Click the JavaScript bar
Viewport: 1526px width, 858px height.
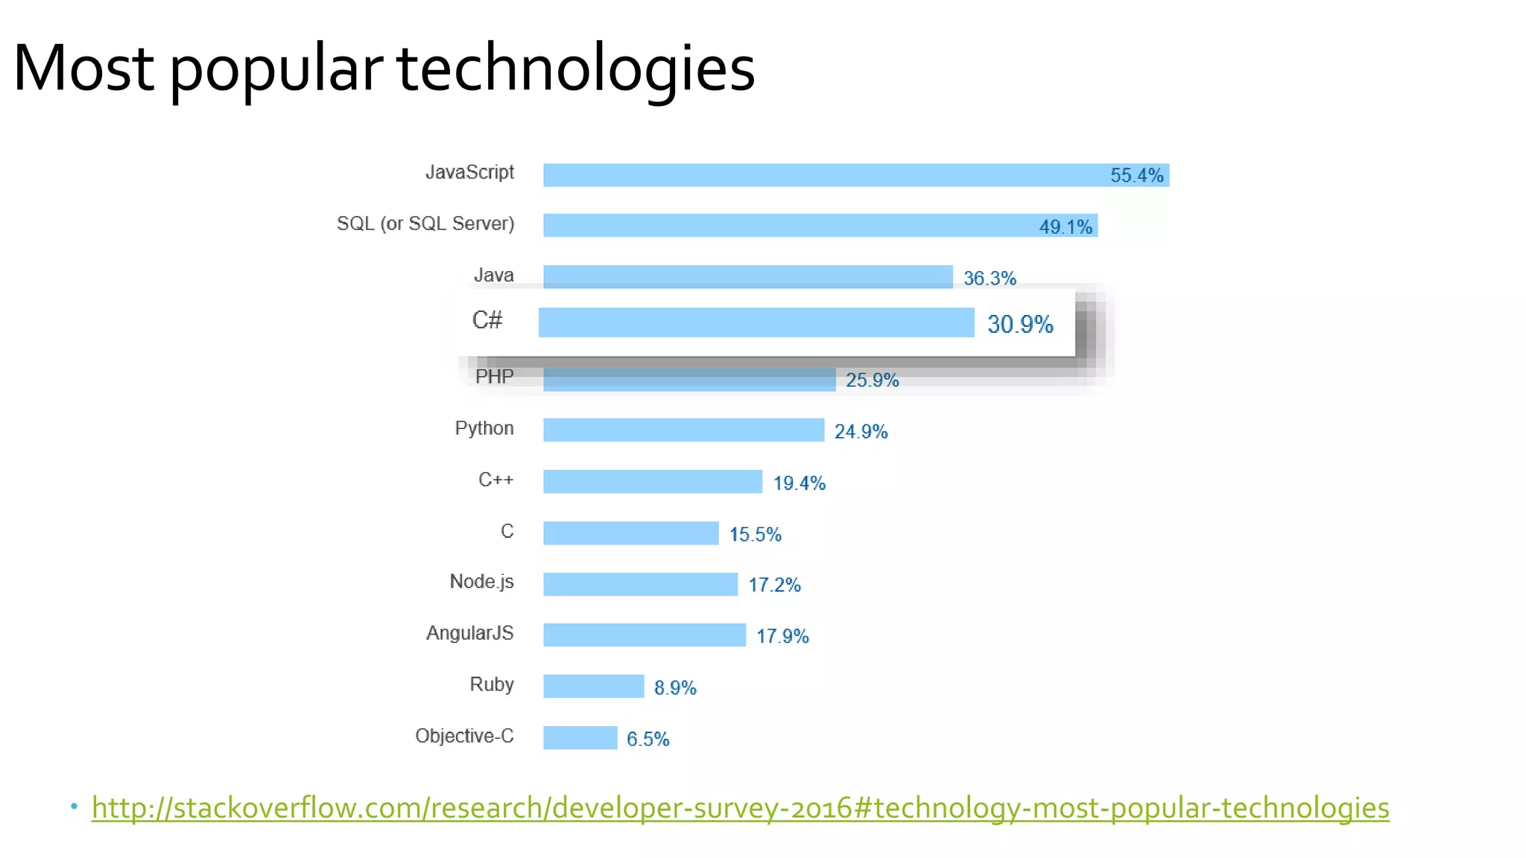click(820, 175)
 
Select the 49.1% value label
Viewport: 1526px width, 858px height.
click(1066, 226)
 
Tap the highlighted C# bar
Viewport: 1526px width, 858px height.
click(756, 322)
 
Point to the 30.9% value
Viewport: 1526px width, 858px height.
click(1020, 324)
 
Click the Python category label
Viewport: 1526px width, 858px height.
click(484, 428)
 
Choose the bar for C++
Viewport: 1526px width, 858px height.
click(653, 481)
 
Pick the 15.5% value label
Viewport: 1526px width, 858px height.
click(755, 534)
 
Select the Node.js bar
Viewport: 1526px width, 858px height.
click(640, 584)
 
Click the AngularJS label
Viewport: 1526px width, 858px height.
click(469, 633)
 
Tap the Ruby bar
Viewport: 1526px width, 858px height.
click(593, 686)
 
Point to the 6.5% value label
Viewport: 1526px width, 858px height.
click(648, 739)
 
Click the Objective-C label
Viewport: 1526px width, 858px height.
click(464, 736)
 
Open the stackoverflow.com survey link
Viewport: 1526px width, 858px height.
click(740, 808)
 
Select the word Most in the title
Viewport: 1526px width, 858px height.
click(83, 69)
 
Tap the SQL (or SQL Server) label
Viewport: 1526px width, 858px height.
click(425, 223)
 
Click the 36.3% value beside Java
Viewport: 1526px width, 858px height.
click(990, 278)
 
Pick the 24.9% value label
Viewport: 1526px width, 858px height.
click(861, 431)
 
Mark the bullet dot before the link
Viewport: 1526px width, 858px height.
click(74, 806)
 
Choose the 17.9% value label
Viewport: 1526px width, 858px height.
click(782, 636)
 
